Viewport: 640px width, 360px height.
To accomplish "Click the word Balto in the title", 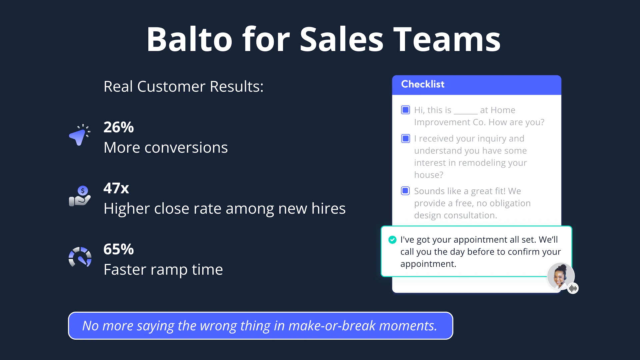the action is [x=189, y=39].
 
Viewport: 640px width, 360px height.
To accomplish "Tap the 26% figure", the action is [x=119, y=127].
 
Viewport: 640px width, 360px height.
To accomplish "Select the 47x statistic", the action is [x=116, y=188].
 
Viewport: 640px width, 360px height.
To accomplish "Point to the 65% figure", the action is [x=119, y=249].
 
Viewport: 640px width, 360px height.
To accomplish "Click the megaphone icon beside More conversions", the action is [x=79, y=135].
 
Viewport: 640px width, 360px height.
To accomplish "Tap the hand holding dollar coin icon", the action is [x=80, y=196].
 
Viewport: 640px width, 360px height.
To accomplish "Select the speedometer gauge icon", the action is [x=80, y=257].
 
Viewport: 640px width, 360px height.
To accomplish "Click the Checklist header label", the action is [x=423, y=84].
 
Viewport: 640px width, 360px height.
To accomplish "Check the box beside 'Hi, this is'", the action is [x=405, y=110].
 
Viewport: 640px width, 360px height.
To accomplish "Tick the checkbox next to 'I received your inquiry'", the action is [x=405, y=138].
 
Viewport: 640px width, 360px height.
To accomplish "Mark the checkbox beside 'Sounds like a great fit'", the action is [x=405, y=191].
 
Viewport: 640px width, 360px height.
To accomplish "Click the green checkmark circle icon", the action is [x=392, y=240].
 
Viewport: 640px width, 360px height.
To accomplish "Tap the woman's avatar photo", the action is [x=561, y=276].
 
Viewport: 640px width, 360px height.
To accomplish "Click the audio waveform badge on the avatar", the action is [x=573, y=288].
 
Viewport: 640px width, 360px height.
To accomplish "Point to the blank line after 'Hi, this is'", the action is [x=466, y=114].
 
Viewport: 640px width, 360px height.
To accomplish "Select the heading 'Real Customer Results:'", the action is [x=183, y=87].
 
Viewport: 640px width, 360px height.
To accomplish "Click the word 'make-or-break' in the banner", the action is [x=332, y=326].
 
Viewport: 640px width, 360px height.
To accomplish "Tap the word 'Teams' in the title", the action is [x=447, y=39].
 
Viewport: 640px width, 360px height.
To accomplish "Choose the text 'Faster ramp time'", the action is [x=163, y=269].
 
